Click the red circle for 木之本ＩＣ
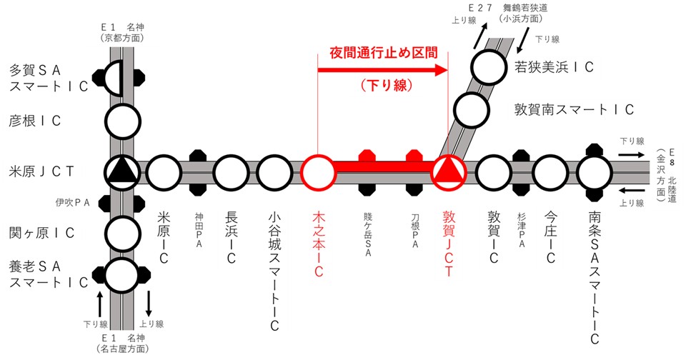point(318,172)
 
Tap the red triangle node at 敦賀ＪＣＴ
point(449,172)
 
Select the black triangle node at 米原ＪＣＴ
point(122,171)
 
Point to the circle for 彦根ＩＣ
point(122,121)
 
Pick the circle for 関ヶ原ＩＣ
point(122,231)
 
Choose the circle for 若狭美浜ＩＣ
point(489,67)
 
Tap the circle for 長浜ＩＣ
point(230,172)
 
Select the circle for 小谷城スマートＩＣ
point(274,172)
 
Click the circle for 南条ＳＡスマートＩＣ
point(595,172)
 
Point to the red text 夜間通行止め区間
point(383,54)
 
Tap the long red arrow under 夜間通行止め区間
point(382,70)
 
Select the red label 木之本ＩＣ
point(319,243)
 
